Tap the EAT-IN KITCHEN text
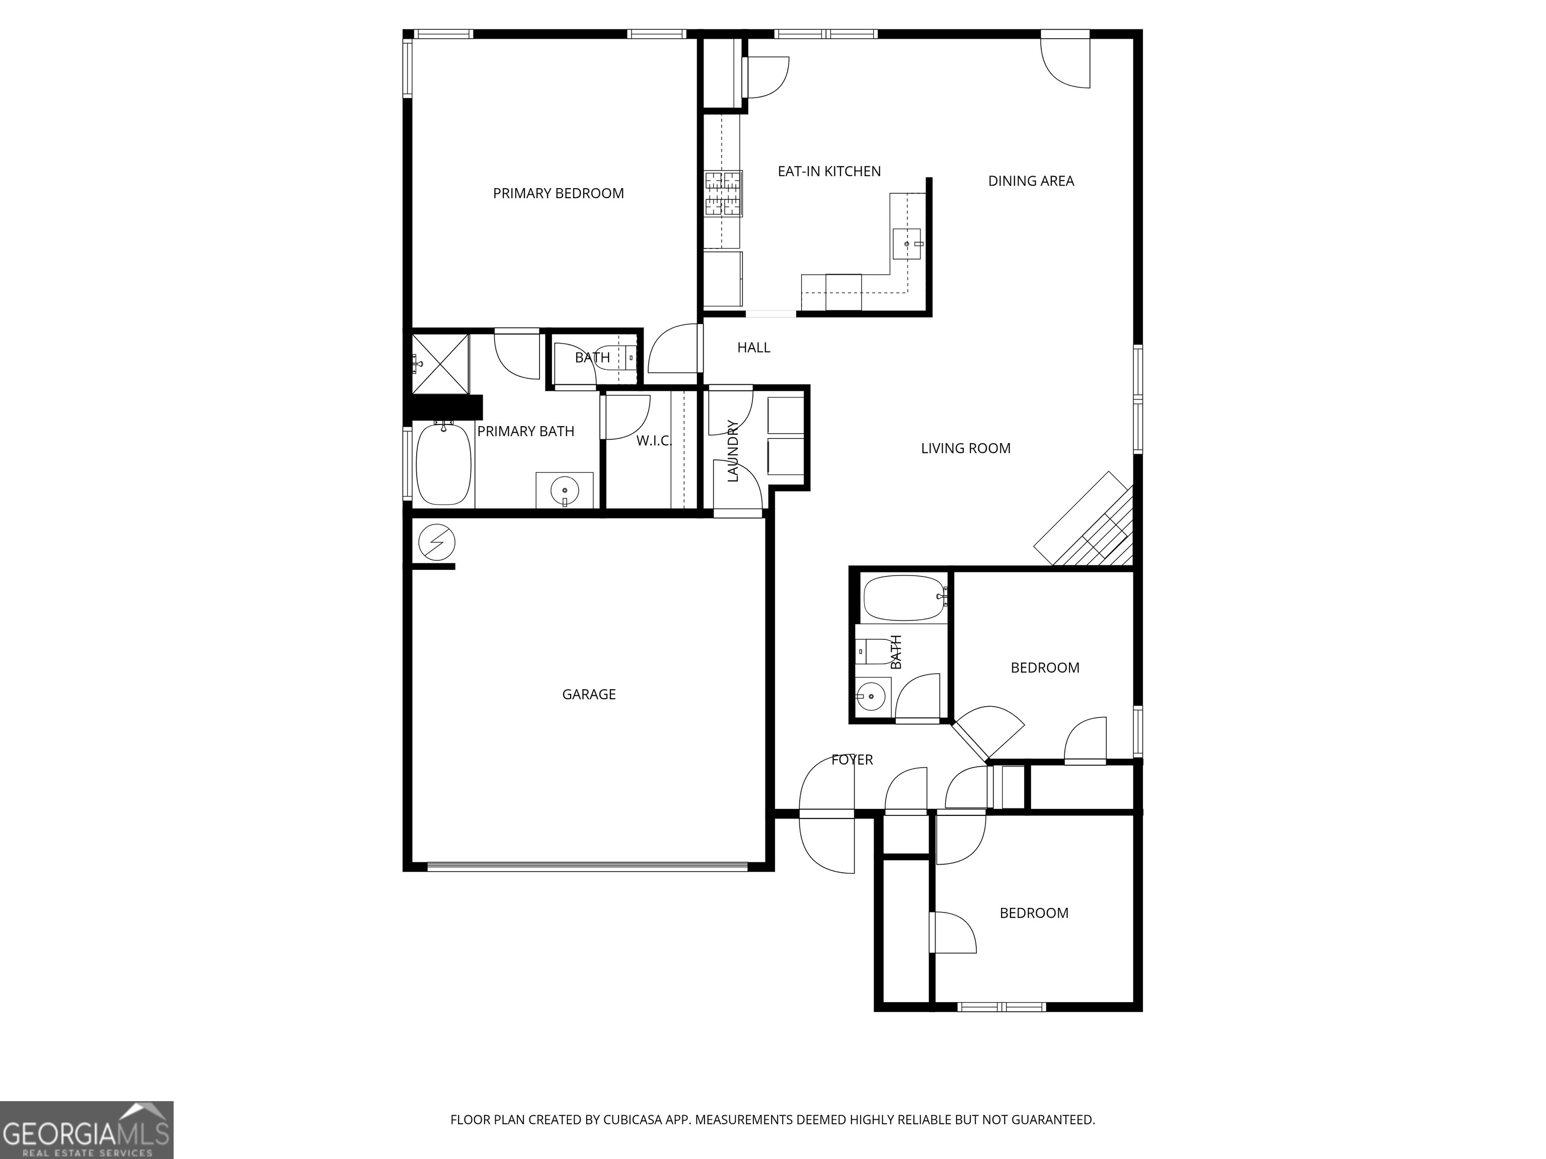829,171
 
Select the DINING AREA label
1030,181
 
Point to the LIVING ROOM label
965,449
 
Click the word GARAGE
588,694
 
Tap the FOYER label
852,760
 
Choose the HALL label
753,347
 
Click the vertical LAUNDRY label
732,451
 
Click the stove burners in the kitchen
723,194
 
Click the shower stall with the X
440,364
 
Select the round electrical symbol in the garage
437,543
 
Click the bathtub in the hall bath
904,598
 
